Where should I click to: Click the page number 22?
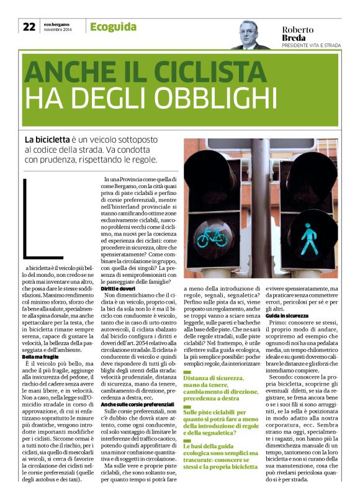[29, 27]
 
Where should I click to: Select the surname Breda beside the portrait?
[295, 38]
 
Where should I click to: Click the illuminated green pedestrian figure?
[310, 238]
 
